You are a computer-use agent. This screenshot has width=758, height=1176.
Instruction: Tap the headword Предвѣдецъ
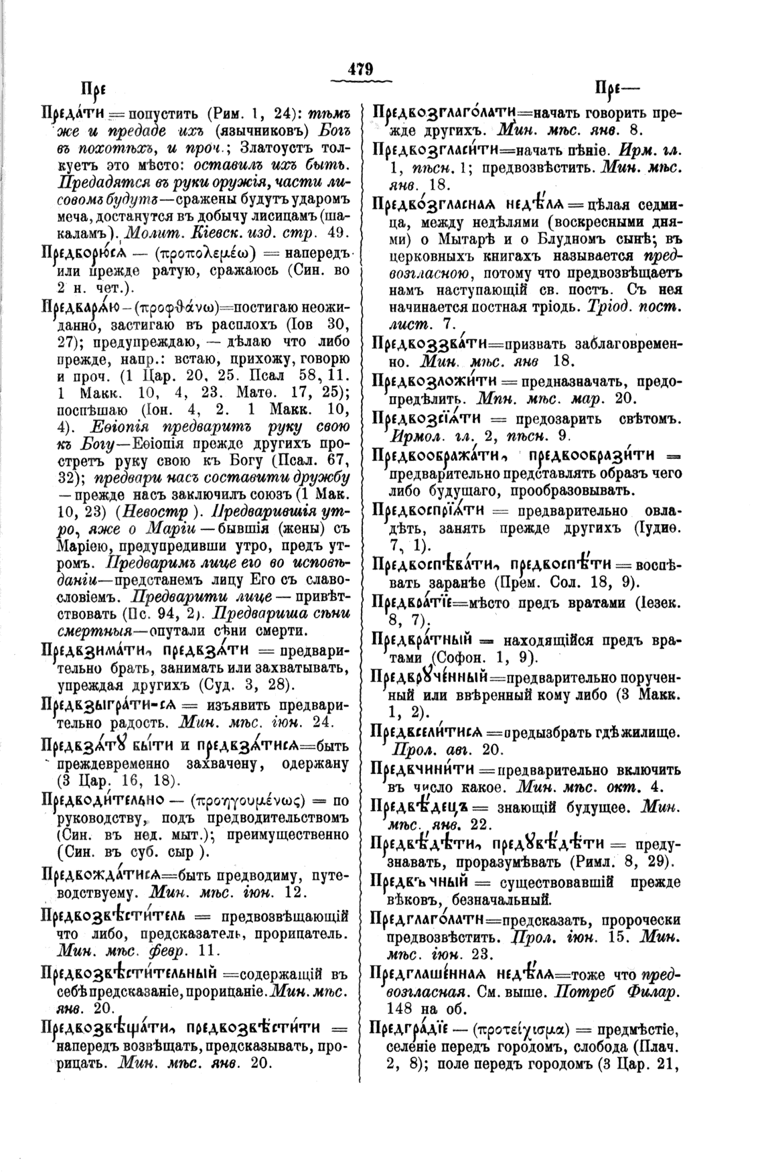tap(417, 805)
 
